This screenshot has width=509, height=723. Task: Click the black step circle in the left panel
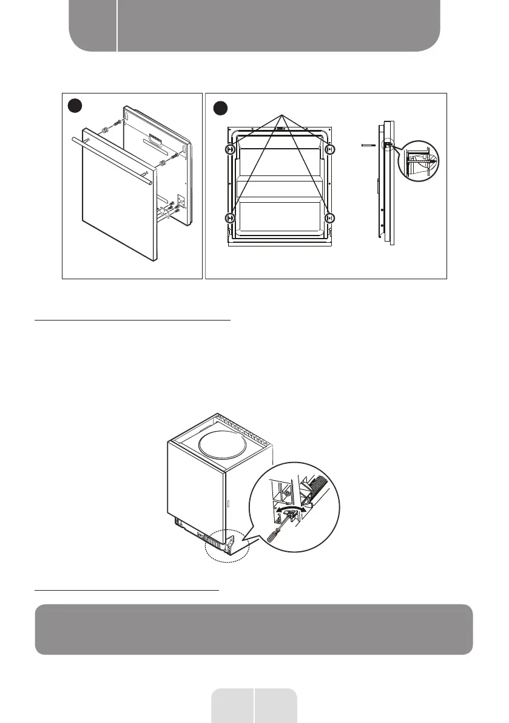tap(75, 107)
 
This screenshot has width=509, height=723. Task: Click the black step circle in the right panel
tap(220, 109)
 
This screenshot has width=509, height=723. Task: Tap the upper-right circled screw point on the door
tap(329, 149)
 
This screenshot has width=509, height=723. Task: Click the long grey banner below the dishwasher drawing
tap(254, 630)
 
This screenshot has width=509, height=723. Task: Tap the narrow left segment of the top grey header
tap(92, 25)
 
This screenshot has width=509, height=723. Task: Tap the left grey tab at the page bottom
tap(232, 705)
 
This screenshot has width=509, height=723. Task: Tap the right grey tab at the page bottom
tap(276, 705)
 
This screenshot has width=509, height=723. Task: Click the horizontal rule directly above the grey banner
tap(127, 589)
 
